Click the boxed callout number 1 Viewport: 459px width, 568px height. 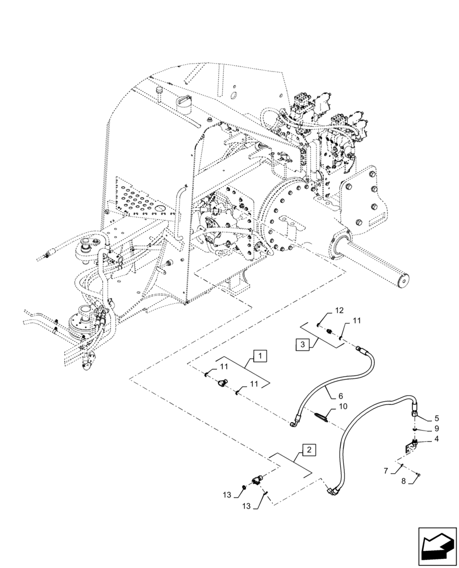(x=259, y=357)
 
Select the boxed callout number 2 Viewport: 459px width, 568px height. (x=308, y=450)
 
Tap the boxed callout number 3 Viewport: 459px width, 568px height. (x=303, y=344)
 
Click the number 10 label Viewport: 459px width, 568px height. (x=343, y=407)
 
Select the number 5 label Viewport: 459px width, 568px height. (x=436, y=417)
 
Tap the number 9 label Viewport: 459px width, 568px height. (x=436, y=428)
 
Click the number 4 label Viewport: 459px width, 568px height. (x=436, y=438)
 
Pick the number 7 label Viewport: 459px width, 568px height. (x=386, y=471)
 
